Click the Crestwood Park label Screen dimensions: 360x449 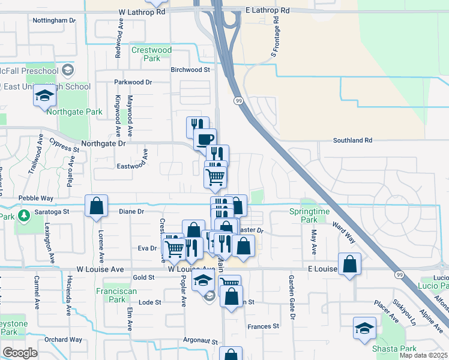pyautogui.click(x=151, y=54)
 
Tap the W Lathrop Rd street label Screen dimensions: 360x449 pyautogui.click(x=142, y=11)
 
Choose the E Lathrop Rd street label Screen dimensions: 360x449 pyautogui.click(x=267, y=11)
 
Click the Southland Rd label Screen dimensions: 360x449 pyautogui.click(x=353, y=140)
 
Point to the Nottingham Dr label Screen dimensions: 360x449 pyautogui.click(x=54, y=20)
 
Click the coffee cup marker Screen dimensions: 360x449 pyautogui.click(x=205, y=139)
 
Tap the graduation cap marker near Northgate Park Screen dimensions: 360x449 pyautogui.click(x=44, y=96)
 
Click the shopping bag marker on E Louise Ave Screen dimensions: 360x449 pyautogui.click(x=349, y=264)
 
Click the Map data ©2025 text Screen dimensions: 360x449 pyautogui.click(x=423, y=355)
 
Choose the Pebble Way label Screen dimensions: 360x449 pyautogui.click(x=36, y=197)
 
